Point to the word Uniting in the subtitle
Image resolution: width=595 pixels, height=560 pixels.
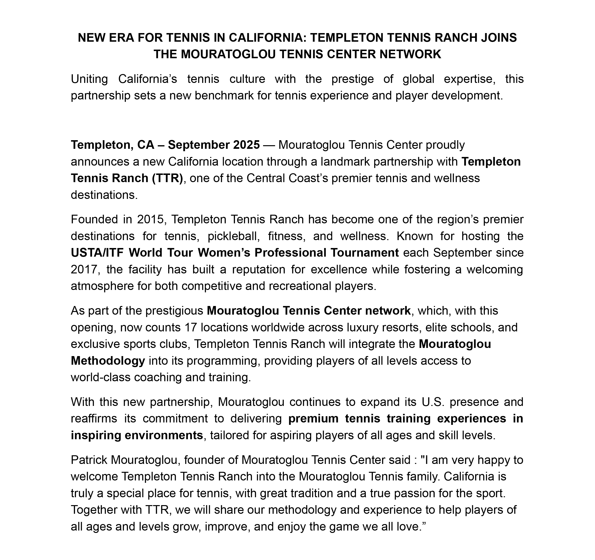point(89,79)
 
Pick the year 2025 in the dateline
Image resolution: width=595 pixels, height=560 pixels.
point(246,145)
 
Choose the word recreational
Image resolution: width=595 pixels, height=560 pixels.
point(300,286)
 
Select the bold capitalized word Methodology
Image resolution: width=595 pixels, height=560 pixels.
point(108,361)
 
